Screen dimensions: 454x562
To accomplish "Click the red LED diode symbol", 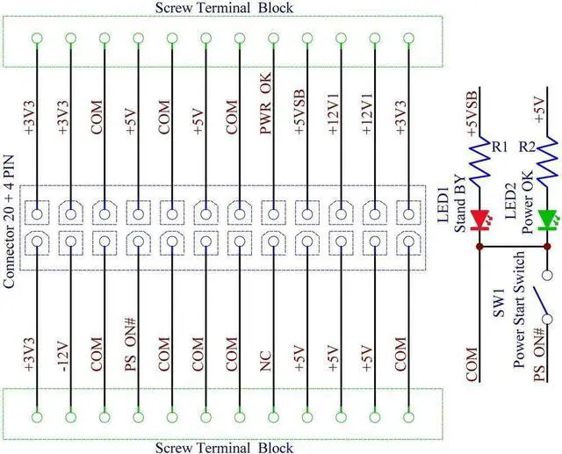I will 479,218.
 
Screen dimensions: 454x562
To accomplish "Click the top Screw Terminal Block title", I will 224,8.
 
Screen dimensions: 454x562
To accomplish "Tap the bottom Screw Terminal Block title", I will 224,447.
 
